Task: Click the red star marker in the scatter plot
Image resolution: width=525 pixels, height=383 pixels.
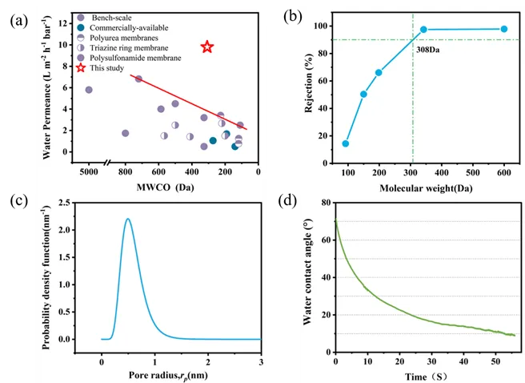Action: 207,47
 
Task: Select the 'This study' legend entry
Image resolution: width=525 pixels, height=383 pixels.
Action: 107,68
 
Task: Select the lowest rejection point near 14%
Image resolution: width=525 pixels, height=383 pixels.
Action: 346,143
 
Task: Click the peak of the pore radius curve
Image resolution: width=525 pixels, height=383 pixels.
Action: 127,219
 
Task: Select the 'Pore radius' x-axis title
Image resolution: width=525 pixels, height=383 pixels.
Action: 170,373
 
